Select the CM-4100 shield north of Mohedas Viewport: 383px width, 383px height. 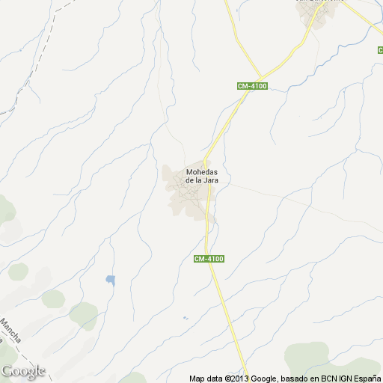252,86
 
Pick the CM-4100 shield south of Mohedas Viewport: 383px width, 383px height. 209,259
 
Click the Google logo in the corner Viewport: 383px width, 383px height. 23,371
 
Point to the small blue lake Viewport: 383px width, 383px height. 111,281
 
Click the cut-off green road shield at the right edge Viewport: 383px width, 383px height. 379,49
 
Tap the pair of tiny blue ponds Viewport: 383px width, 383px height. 185,319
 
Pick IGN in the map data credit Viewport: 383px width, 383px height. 342,378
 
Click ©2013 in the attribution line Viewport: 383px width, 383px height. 235,378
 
